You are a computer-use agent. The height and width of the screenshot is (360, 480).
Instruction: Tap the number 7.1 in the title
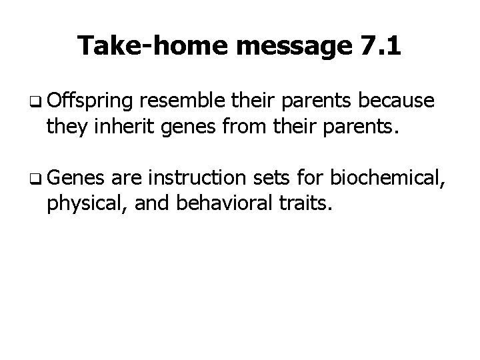[378, 46]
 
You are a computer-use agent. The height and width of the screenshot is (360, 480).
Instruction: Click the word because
[398, 101]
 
